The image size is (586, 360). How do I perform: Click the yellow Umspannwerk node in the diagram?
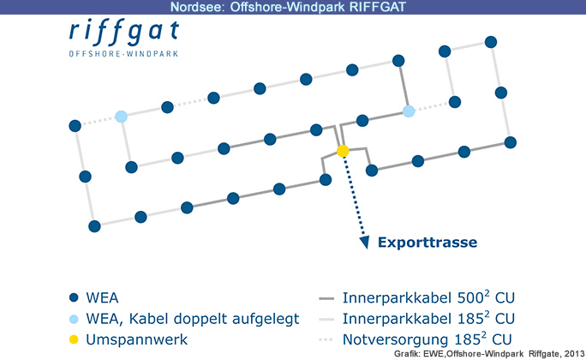click(343, 151)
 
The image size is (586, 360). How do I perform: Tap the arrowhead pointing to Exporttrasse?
click(365, 242)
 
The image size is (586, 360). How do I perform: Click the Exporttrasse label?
click(428, 243)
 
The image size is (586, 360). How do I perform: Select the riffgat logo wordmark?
click(124, 33)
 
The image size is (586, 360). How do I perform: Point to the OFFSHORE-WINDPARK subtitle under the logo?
click(123, 54)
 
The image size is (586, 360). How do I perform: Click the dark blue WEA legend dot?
click(74, 297)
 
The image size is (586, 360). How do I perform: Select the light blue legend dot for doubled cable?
click(74, 319)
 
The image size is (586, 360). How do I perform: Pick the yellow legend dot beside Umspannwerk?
click(74, 339)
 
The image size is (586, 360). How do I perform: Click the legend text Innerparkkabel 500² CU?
click(428, 297)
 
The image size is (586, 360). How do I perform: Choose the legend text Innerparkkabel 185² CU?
click(428, 319)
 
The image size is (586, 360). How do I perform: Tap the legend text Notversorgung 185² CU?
click(428, 339)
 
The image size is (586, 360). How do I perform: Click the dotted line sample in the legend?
click(326, 339)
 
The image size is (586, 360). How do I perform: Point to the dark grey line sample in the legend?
click(326, 298)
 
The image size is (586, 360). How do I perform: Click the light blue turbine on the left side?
click(121, 117)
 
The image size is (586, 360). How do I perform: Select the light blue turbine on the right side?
click(409, 111)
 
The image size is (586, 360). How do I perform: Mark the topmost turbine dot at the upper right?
click(491, 42)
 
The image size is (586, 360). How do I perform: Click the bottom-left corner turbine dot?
click(94, 226)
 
